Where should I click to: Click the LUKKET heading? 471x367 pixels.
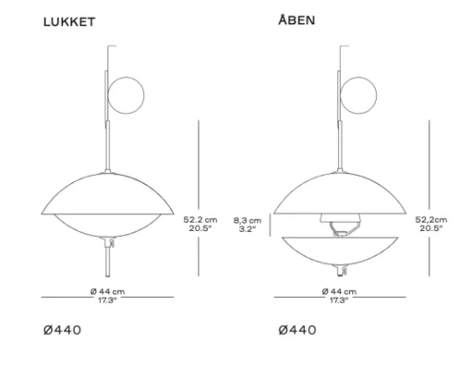click(69, 22)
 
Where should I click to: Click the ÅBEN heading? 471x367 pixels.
click(296, 19)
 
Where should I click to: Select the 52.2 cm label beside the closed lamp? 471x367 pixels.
click(200, 220)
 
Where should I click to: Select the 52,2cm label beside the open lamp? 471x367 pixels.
click(431, 220)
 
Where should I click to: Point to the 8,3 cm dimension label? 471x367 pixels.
click(248, 220)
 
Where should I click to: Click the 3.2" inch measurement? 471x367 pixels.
click(248, 229)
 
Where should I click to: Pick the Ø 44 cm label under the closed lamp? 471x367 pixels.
click(108, 291)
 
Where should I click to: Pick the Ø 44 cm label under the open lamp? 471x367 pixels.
click(339, 291)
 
